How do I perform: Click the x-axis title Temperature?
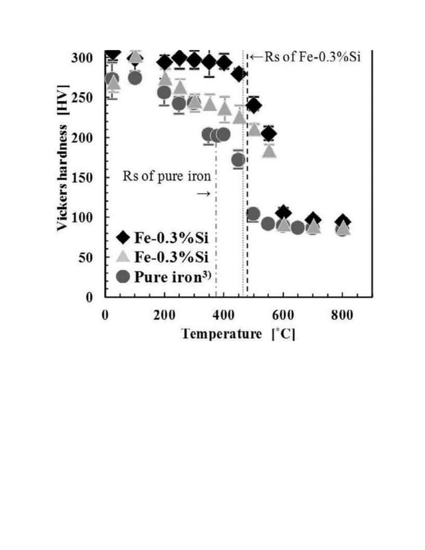pos(222,334)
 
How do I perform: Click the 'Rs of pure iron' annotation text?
pos(167,176)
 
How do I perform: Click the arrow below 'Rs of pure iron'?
pos(204,194)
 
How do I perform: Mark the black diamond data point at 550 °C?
pos(268,135)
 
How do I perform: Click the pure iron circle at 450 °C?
pos(238,160)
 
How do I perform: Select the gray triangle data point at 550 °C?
pos(268,150)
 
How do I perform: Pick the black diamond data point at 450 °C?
pos(238,75)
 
